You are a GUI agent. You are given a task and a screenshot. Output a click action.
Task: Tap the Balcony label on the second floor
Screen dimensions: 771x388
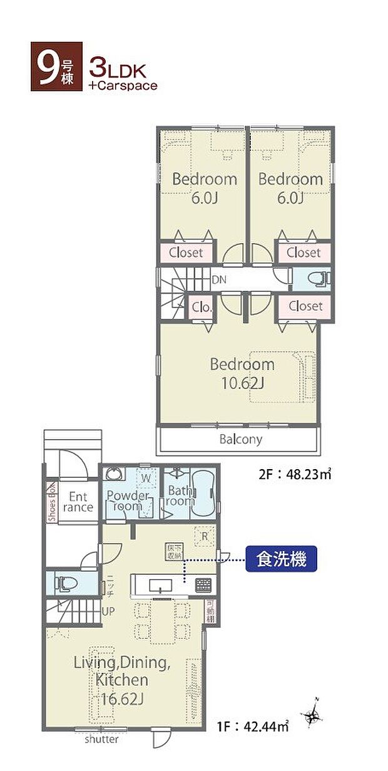pos(240,440)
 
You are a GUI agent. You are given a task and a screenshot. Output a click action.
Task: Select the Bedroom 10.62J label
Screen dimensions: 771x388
pos(242,373)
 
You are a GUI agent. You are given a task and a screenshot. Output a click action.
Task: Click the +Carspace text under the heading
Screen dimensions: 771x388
pos(123,85)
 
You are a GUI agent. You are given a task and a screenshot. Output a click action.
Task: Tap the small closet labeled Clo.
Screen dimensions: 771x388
pos(202,308)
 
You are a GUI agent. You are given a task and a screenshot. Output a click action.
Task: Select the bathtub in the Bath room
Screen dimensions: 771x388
pos(203,494)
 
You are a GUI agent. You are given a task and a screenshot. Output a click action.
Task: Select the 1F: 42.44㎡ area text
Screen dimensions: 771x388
pos(253,727)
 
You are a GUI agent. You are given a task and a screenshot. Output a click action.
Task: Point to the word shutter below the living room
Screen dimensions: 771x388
pos(102,740)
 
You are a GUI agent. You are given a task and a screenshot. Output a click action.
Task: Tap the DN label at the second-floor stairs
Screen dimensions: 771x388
pos(219,280)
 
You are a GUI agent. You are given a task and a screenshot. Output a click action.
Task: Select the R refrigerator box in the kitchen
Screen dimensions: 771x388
pos(203,535)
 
